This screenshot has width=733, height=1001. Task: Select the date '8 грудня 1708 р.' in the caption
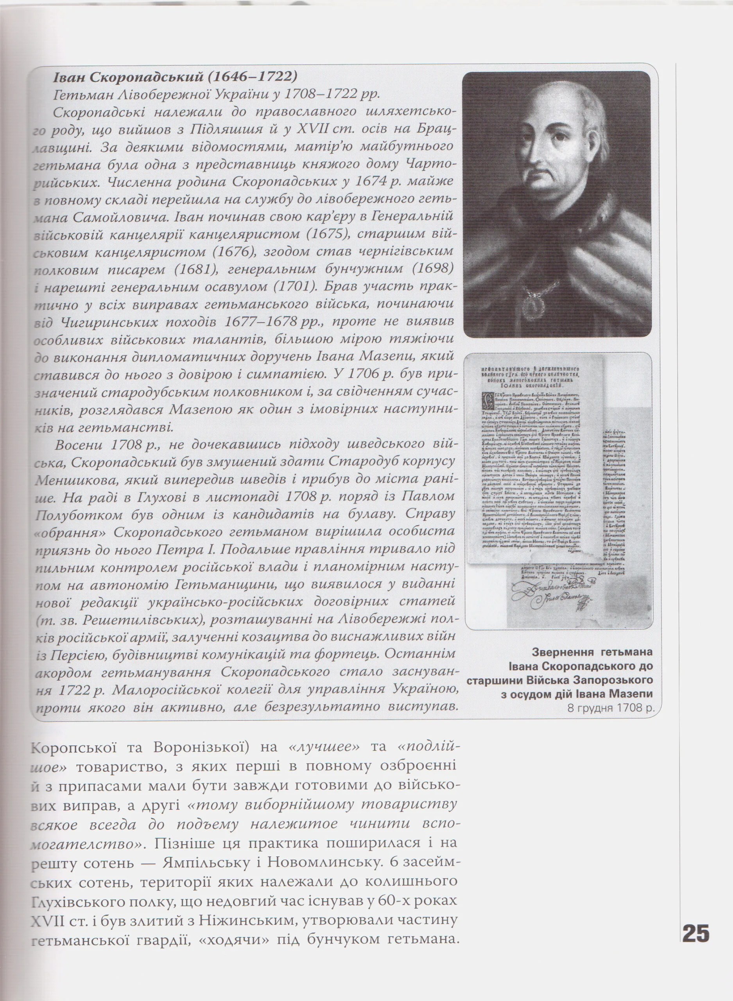point(611,707)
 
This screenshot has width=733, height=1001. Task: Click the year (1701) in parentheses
point(294,286)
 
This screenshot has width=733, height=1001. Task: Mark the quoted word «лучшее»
point(324,746)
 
